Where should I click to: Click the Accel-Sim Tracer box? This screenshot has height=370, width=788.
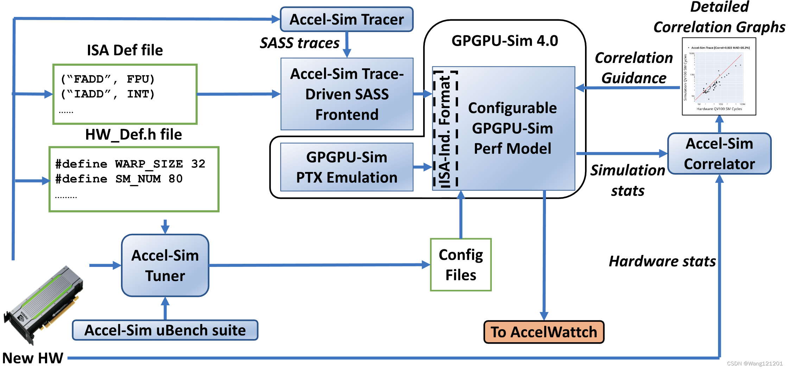347,20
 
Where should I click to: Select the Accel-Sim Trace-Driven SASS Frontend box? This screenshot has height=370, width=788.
347,94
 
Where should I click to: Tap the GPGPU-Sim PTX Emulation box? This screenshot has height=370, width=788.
347,167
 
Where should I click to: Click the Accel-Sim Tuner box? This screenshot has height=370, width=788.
165,266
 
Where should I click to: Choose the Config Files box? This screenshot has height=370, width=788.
460,265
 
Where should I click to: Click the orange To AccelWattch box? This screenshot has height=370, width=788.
544,332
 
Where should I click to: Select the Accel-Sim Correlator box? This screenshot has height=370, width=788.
719,154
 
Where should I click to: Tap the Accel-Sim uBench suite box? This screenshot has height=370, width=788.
165,330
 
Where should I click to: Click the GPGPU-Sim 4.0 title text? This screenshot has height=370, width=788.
504,41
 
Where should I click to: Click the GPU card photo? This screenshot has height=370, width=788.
44,304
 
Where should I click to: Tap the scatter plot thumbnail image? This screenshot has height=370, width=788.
719,77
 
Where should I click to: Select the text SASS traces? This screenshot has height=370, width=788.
299,43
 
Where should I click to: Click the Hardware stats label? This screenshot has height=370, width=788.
662,261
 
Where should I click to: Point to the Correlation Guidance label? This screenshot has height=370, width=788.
634,68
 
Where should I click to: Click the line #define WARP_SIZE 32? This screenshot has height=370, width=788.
130,164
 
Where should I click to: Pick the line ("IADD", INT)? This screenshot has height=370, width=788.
108,94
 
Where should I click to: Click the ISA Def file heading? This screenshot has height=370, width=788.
125,50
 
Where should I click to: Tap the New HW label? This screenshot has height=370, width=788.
33,358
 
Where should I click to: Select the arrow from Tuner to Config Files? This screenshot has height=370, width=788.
317,265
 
